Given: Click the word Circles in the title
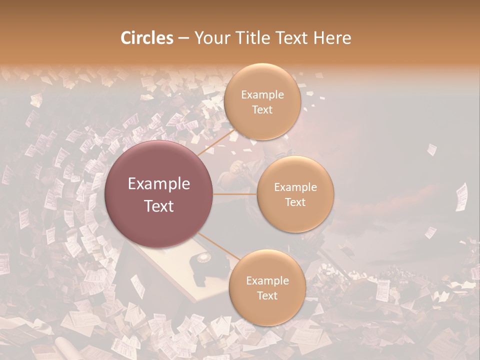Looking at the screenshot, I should click(x=147, y=38).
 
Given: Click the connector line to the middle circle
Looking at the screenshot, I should click(x=235, y=194).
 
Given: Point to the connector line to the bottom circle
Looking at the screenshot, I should click(x=218, y=247).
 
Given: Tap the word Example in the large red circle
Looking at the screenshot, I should click(x=159, y=184).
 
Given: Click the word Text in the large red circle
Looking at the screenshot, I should click(x=159, y=206).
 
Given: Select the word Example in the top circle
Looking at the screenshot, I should click(x=262, y=95).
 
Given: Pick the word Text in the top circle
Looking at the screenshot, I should click(x=262, y=109).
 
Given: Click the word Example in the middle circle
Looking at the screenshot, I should click(x=295, y=187).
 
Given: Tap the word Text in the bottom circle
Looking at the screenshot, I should click(x=267, y=295).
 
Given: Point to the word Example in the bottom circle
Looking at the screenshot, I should click(x=267, y=281).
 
